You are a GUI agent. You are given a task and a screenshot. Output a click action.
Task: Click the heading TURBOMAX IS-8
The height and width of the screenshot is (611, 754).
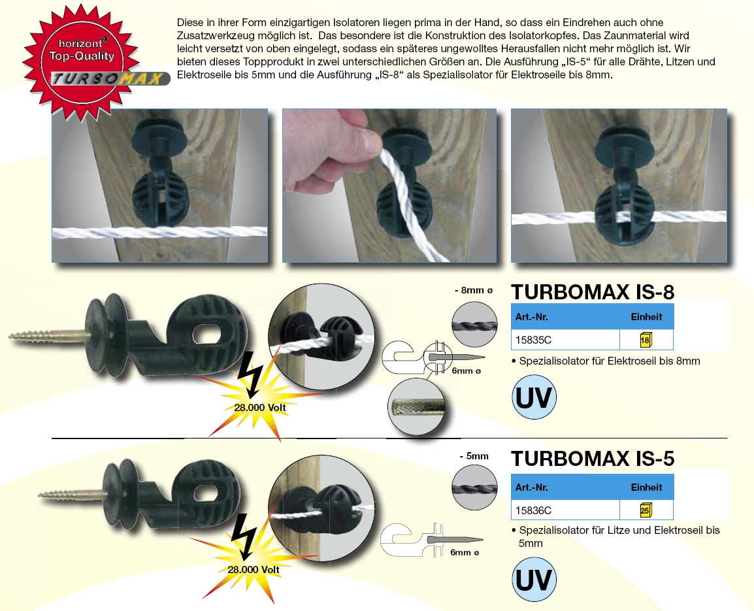point(592,291)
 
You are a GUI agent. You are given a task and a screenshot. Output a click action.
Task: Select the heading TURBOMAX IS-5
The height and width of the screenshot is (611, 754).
point(593,459)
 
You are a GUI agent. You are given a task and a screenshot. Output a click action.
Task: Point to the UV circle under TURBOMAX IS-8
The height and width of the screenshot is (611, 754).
point(534,397)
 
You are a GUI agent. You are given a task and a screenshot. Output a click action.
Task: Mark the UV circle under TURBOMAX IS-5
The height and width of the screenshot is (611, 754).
point(534,580)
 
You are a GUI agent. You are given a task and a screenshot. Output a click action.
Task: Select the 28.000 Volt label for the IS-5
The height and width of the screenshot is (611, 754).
point(254,569)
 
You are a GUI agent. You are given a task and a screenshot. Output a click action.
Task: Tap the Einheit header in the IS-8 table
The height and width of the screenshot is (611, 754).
point(646,317)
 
